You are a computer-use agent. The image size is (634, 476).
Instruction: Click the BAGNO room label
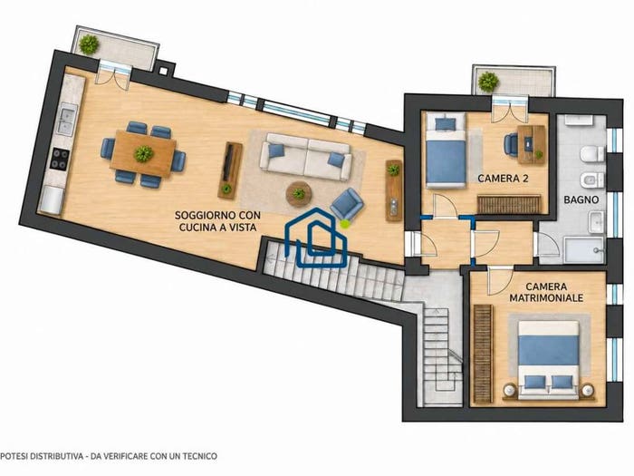point(581,199)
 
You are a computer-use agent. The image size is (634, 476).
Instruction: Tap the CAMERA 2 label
point(503,179)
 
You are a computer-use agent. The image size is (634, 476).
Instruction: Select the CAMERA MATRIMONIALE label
point(546,292)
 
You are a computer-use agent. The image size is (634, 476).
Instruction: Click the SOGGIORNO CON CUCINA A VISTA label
point(217,221)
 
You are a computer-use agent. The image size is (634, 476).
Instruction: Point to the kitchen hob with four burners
point(60,159)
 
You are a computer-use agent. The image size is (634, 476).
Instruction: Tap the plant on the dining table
point(143,154)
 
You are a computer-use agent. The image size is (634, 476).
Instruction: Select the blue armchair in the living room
point(347,204)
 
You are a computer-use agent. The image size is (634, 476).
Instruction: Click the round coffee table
point(299,194)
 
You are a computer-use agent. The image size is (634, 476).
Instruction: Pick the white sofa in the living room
point(306,157)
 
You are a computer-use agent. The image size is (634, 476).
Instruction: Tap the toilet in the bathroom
point(592,154)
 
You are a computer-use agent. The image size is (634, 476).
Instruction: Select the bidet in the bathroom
point(592,180)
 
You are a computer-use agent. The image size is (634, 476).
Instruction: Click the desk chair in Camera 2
point(511,144)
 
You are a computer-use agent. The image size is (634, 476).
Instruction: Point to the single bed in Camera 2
point(446,151)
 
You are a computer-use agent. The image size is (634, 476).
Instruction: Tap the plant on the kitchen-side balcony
point(89,44)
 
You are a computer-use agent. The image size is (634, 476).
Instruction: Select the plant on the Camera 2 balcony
point(488,82)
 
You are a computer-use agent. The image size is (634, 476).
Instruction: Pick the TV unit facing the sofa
point(230,170)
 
